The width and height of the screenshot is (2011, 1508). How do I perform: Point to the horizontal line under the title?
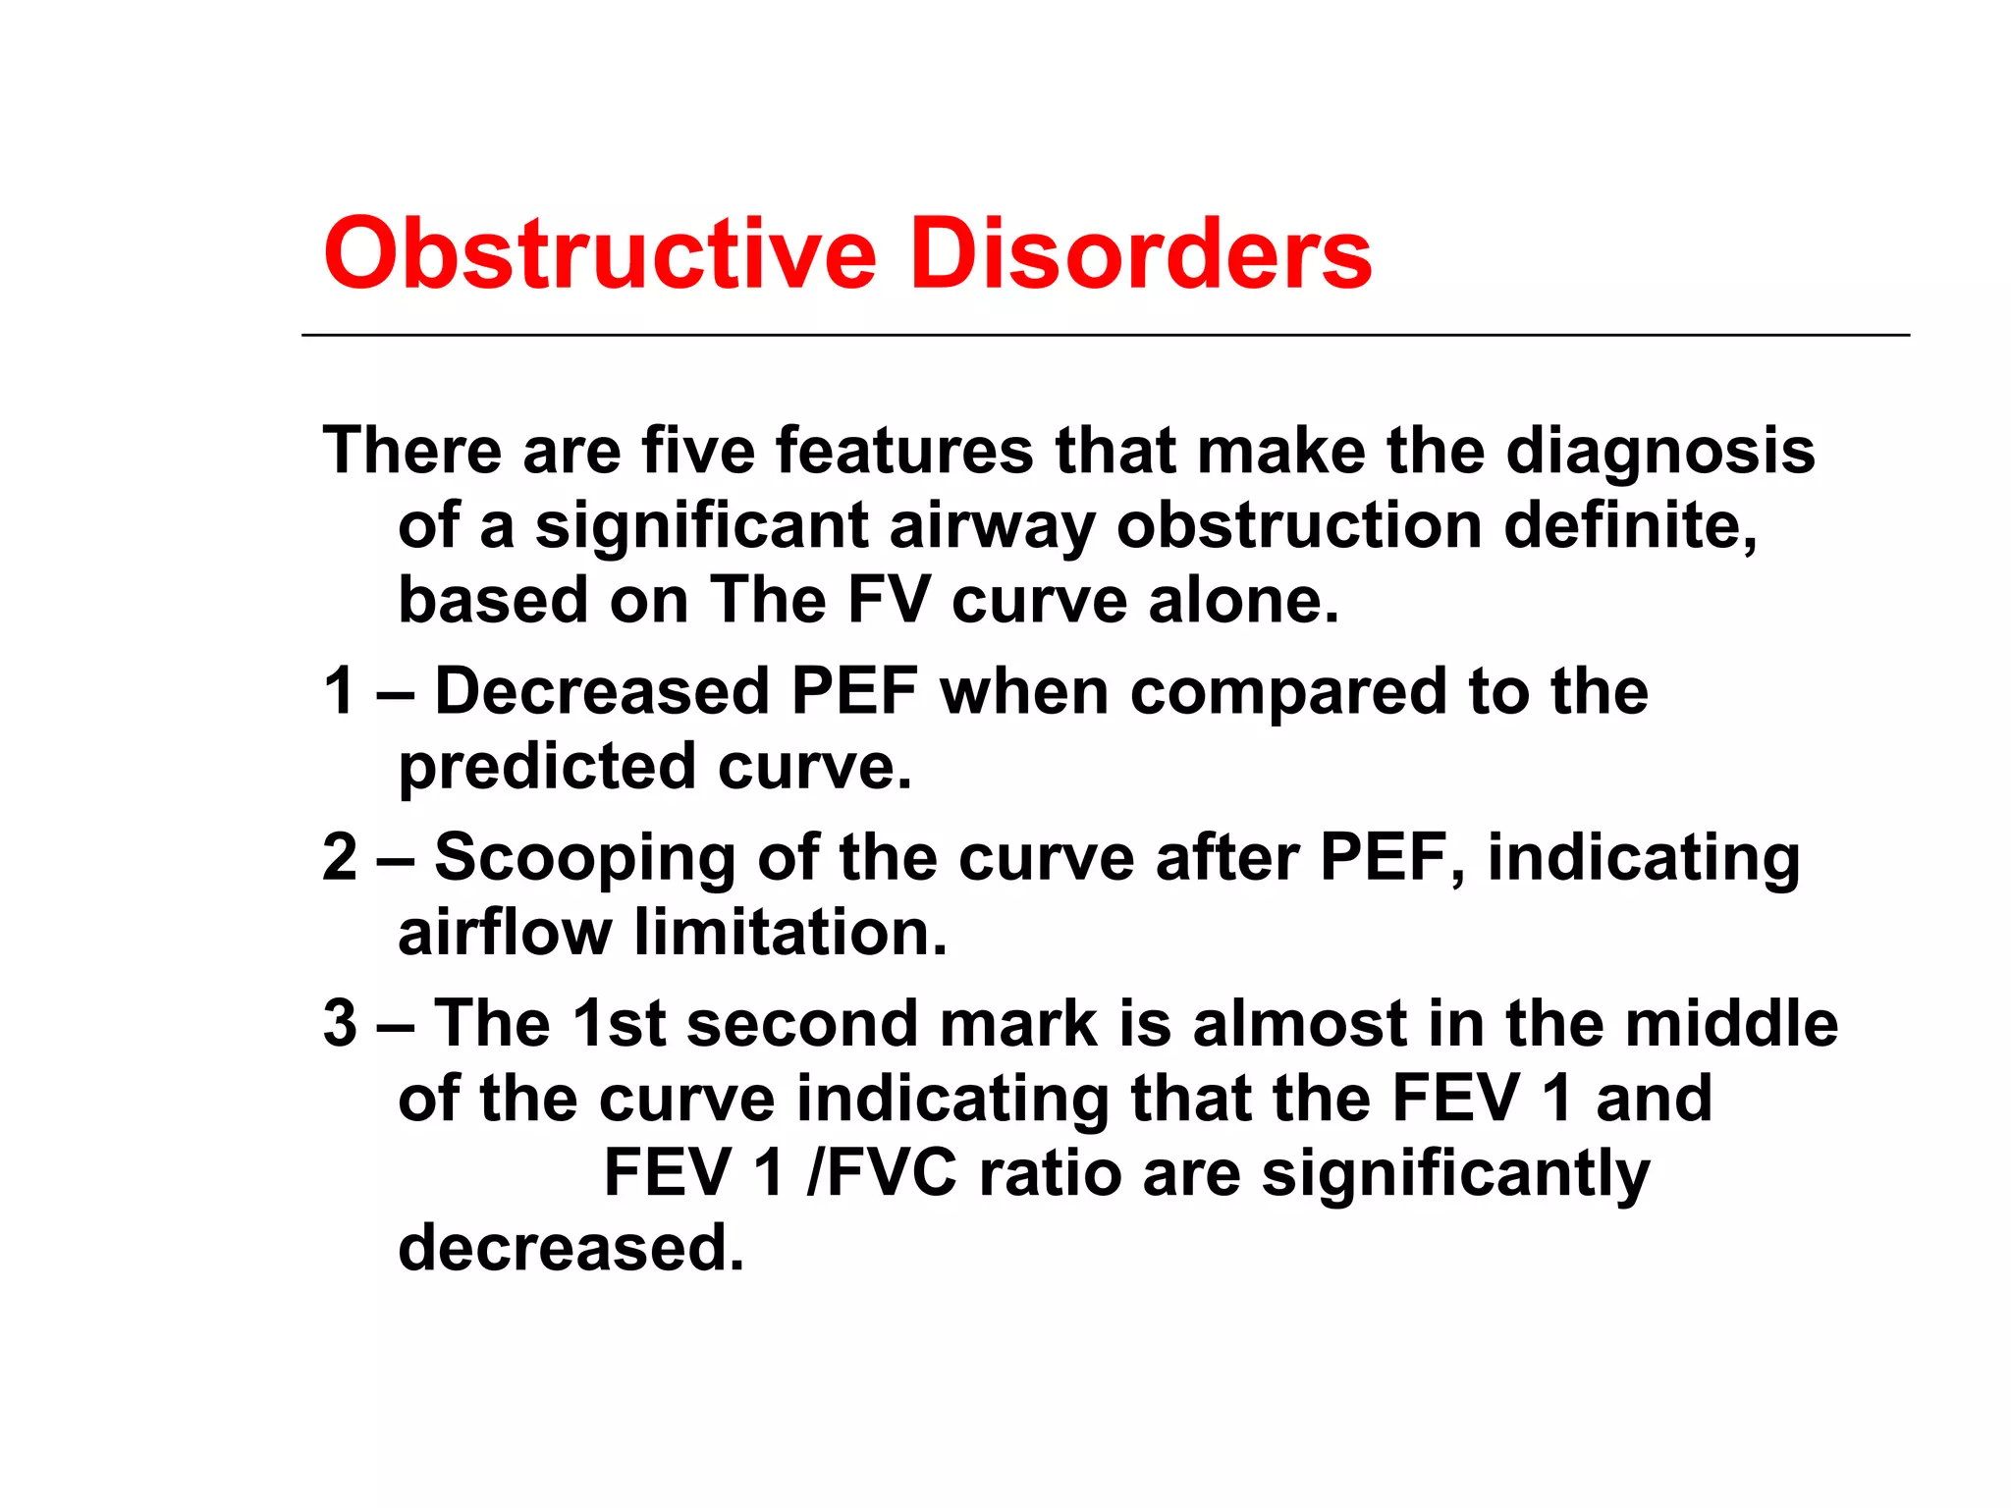(x=1105, y=335)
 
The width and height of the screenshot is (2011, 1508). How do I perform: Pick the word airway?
(x=992, y=527)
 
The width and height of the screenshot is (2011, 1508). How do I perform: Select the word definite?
(x=1630, y=525)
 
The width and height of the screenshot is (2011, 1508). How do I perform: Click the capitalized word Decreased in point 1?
(x=602, y=690)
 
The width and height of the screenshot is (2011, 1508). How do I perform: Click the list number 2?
(x=341, y=856)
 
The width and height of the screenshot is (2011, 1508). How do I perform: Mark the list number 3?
(x=341, y=1022)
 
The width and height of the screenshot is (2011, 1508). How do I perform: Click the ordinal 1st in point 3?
(x=620, y=1022)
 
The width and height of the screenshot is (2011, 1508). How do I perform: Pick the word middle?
(x=1731, y=1022)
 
